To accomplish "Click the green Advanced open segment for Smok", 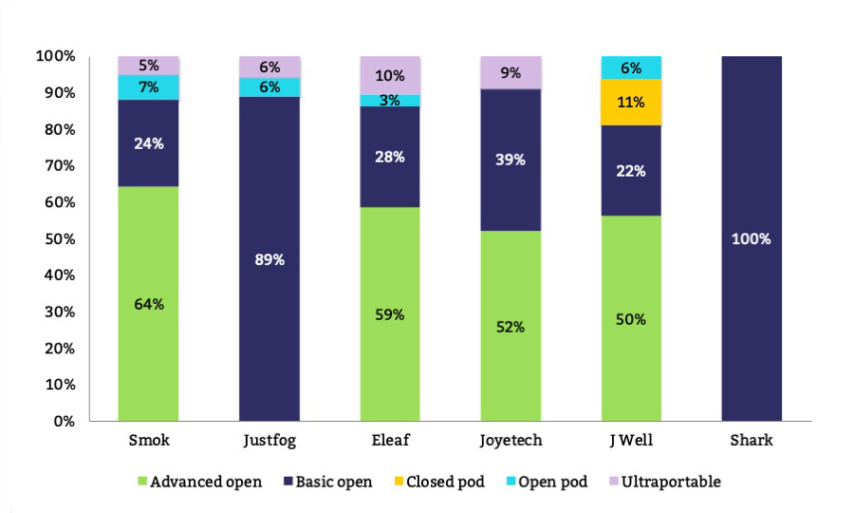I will coord(148,303).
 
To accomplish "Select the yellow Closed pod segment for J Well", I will coord(631,102).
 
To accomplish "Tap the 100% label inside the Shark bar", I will coord(752,238).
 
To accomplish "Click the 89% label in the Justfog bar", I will coord(269,259).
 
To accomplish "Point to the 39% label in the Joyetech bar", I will coord(511,160).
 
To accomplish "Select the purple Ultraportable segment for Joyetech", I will coord(511,72).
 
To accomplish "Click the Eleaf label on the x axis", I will coord(389,441).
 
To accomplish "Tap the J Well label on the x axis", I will coord(631,441).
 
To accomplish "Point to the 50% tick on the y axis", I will coord(60,238).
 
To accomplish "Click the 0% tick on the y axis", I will coord(64,421).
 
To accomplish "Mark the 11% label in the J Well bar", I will coord(631,102).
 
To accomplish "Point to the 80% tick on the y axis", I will coord(60,129).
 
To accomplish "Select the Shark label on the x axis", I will coord(752,441).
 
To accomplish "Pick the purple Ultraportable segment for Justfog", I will coord(269,66).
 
